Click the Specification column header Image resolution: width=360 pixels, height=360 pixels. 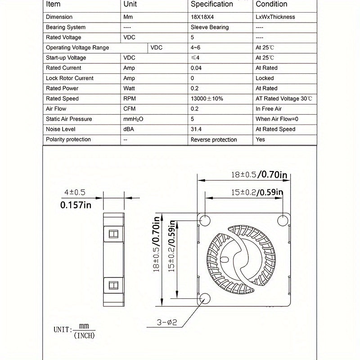[212, 4]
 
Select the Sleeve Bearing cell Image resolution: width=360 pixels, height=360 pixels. [210, 27]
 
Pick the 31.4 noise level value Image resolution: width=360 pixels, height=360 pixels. [196, 129]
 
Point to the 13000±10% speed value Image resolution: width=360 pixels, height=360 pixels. [207, 99]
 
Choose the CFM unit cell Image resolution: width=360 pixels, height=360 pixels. [129, 109]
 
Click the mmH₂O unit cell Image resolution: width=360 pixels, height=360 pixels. [133, 119]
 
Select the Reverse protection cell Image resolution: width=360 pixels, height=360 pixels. [214, 139]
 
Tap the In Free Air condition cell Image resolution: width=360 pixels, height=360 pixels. [269, 109]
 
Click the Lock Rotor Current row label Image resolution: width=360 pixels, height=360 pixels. [70, 78]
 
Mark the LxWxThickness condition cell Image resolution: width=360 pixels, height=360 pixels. [275, 17]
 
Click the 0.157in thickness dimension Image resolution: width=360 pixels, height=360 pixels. [76, 206]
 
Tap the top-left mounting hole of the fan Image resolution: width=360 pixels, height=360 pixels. [205, 220]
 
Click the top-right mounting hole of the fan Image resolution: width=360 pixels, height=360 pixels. [283, 220]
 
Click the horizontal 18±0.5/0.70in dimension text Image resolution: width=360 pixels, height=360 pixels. [259, 174]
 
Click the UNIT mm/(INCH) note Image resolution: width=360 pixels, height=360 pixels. [74, 331]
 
